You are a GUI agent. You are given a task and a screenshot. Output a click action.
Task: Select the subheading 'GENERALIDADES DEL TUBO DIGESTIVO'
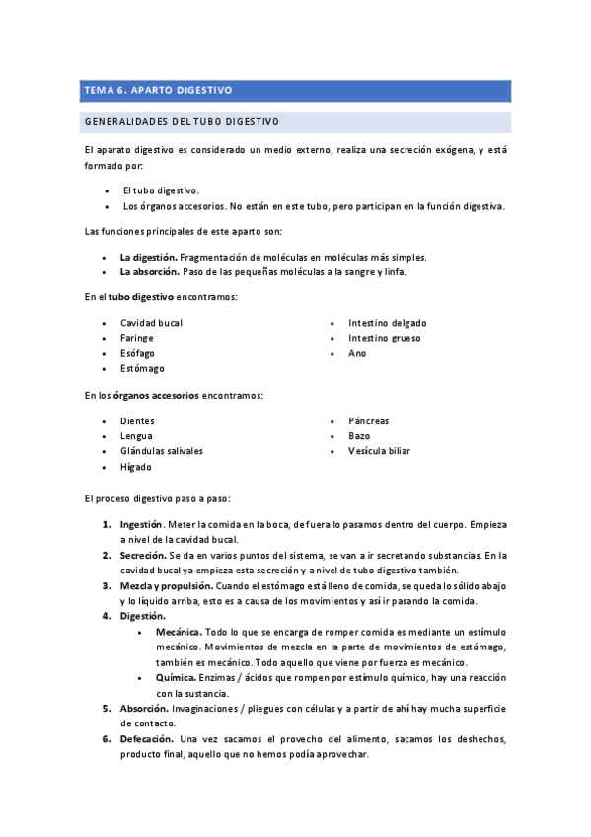pos(182,122)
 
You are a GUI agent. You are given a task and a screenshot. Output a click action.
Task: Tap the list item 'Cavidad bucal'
pos(151,323)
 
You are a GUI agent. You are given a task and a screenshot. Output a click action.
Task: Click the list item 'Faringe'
pos(136,338)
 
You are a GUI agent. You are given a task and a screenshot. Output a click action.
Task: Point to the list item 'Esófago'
pos(137,353)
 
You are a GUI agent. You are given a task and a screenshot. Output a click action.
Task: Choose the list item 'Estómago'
pos(142,369)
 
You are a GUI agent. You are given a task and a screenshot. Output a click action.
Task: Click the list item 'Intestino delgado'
pos(387,323)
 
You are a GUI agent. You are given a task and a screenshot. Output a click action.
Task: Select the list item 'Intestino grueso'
pos(384,338)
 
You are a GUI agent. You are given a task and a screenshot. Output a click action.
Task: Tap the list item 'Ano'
pos(357,353)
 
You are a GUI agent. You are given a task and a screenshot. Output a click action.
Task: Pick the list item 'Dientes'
pos(137,421)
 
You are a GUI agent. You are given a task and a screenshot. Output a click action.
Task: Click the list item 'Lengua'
pos(136,436)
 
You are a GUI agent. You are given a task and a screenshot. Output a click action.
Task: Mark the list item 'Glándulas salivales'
pos(162,451)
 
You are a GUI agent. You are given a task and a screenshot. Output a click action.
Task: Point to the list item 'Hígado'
pos(136,467)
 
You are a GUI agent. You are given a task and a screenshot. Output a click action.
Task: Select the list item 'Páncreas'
pos(368,421)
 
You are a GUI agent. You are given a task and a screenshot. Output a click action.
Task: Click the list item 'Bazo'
pos(359,436)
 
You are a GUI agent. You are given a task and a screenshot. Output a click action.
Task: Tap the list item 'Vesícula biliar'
pos(379,451)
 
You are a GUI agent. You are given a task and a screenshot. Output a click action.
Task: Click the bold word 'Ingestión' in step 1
pos(141,525)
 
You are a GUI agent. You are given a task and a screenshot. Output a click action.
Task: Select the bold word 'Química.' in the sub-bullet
pos(177,678)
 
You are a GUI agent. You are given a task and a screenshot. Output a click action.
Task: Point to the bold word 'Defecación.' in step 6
pos(147,739)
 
